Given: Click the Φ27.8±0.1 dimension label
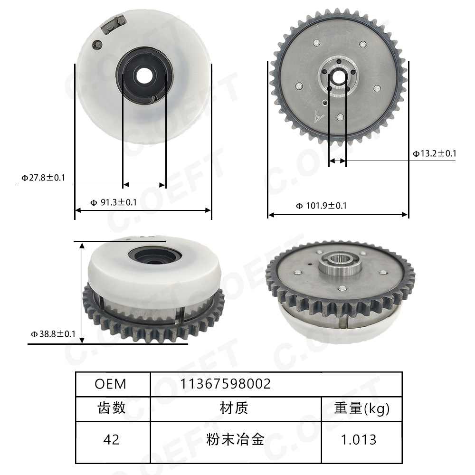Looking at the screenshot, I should [x=43, y=178].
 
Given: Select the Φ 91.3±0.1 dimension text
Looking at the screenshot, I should [x=114, y=202].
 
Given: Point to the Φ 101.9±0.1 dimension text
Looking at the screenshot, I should [x=321, y=206].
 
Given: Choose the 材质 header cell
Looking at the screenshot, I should [x=234, y=408].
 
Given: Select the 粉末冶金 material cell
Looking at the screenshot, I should [x=235, y=439].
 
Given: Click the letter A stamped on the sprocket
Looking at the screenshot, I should [x=320, y=115].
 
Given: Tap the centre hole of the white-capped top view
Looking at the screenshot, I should [x=143, y=75].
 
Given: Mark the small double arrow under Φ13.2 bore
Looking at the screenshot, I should [x=338, y=161].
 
